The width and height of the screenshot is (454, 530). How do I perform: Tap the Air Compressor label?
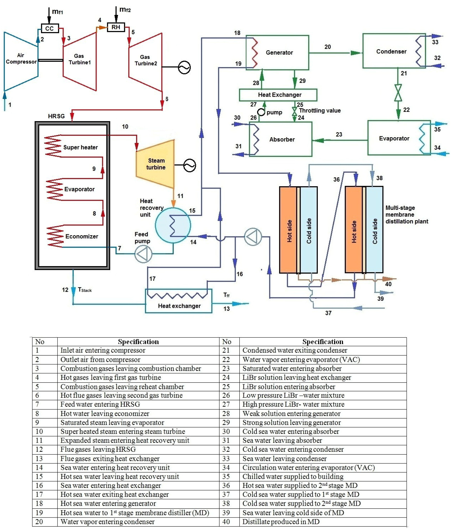(21, 59)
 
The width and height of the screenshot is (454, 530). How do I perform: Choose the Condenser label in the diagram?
(391, 51)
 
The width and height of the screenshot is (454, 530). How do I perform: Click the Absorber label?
(282, 139)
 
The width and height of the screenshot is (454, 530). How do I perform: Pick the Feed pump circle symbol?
(143, 254)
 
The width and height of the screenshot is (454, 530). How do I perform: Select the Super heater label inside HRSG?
(80, 147)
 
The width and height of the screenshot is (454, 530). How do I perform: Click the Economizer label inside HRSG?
(82, 236)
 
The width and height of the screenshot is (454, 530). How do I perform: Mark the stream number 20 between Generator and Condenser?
(328, 47)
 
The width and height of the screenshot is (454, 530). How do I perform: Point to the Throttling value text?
(320, 111)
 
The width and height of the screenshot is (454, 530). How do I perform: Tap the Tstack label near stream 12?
(85, 290)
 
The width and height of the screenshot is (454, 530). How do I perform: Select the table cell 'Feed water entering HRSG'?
(100, 404)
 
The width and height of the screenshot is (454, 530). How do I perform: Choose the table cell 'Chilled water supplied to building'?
(293, 476)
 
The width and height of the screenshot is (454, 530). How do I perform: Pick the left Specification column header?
(138, 342)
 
